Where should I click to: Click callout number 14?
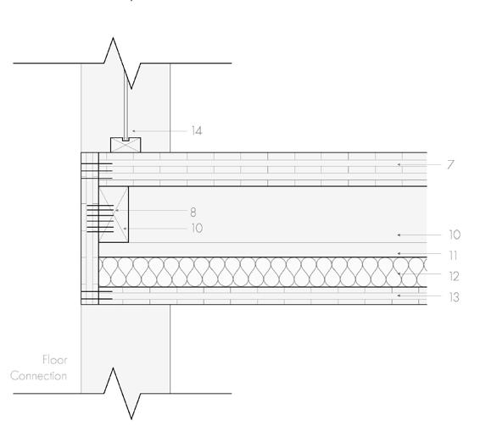pyautogui.click(x=197, y=131)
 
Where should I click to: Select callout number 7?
pyautogui.click(x=450, y=164)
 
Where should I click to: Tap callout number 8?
pyautogui.click(x=193, y=213)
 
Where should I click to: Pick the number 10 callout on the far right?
pyautogui.click(x=455, y=235)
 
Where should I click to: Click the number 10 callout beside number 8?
pyautogui.click(x=197, y=229)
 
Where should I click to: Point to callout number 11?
pyautogui.click(x=454, y=255)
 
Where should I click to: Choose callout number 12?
pyautogui.click(x=455, y=276)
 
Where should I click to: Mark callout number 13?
pyautogui.click(x=455, y=297)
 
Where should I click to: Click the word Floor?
pyautogui.click(x=55, y=360)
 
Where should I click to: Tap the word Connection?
pyautogui.click(x=38, y=376)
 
